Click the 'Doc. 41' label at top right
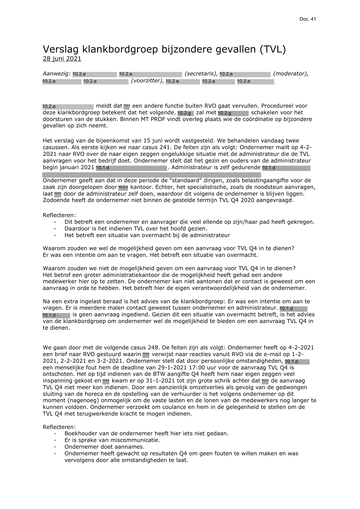[x=307, y=19]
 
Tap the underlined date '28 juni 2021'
[x=62, y=59]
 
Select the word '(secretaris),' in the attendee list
[x=201, y=74]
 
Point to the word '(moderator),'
[x=290, y=74]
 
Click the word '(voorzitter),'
[x=147, y=81]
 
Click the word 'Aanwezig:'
[x=57, y=74]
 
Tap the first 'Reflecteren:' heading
[x=59, y=215]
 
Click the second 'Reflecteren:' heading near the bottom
[x=59, y=427]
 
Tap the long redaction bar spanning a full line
[x=151, y=175]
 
